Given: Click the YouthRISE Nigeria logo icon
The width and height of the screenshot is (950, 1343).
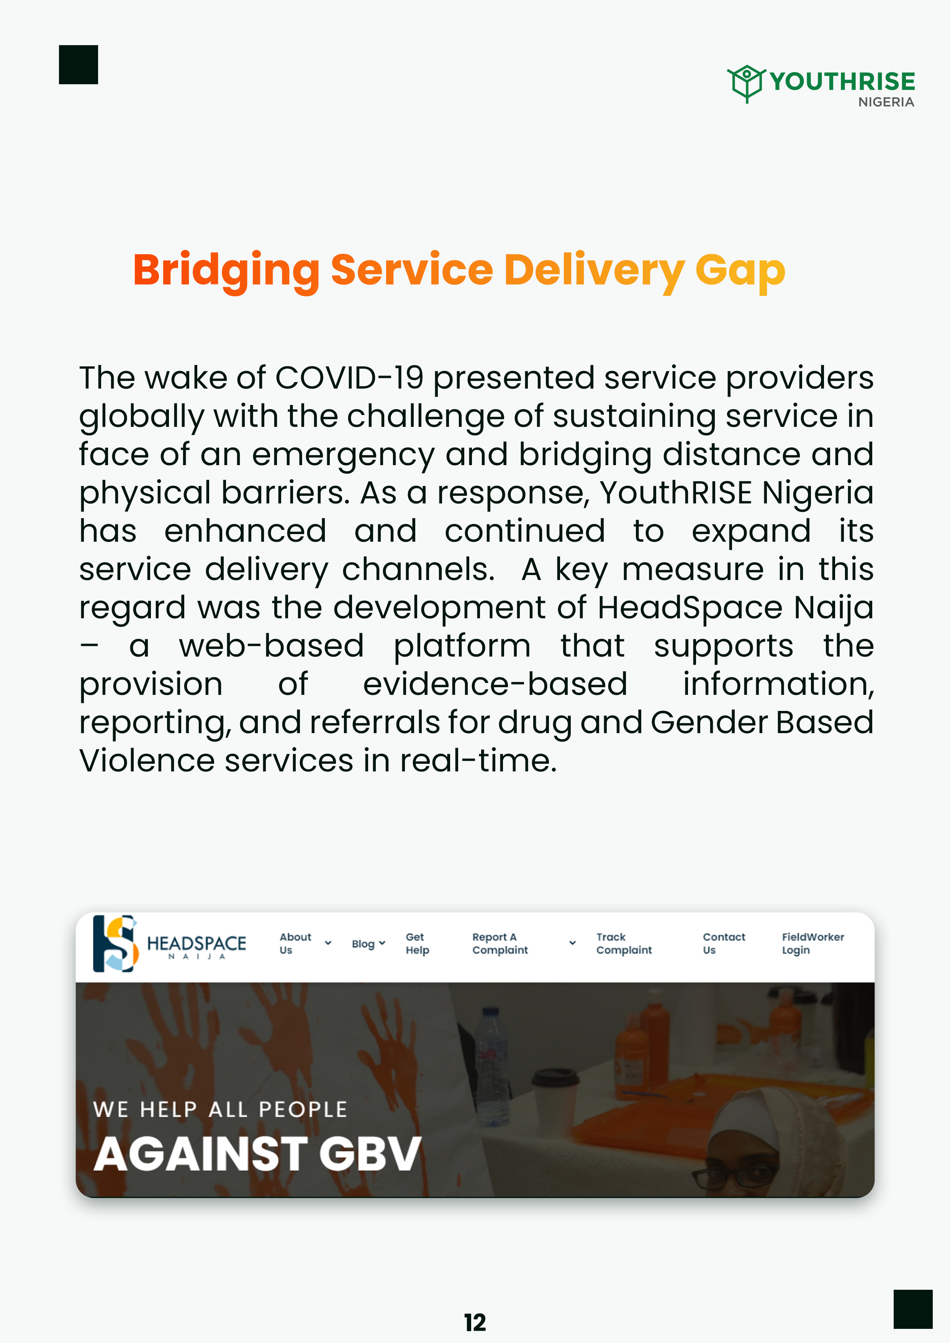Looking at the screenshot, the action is tap(746, 83).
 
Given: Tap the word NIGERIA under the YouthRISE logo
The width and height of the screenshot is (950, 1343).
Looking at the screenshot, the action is tap(886, 102).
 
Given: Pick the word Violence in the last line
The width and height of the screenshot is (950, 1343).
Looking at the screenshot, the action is tap(147, 761).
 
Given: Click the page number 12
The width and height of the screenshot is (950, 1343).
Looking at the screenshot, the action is tap(475, 1323).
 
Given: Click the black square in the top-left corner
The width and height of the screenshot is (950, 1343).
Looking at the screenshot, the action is tap(79, 64).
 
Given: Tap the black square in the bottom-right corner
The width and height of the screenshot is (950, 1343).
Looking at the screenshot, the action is tap(912, 1309).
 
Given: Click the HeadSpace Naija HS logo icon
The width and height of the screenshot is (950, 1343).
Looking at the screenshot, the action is tap(115, 943).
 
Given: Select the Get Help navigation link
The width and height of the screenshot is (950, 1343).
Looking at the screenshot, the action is tap(417, 943).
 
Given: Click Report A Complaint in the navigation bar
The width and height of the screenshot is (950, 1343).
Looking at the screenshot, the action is tap(500, 943).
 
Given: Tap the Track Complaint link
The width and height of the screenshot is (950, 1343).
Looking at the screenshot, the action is tap(624, 943).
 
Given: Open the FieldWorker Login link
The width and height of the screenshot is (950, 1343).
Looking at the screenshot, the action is tap(813, 943).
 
